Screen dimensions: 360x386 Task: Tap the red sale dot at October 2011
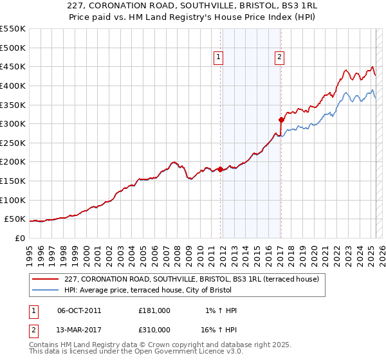pos(220,170)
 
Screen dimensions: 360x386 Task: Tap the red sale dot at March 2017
pos(281,120)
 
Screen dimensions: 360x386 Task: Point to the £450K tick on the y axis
pos(13,66)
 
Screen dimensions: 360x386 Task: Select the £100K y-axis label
pos(13,200)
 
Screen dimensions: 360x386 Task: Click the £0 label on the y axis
pos(20,238)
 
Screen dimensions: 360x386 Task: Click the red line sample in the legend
pos(45,279)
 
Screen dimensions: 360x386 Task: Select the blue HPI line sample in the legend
pos(45,291)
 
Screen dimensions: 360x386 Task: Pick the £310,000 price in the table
pos(154,329)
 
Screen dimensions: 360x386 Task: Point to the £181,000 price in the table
pos(154,310)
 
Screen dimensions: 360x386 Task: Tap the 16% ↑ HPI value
pos(219,329)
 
